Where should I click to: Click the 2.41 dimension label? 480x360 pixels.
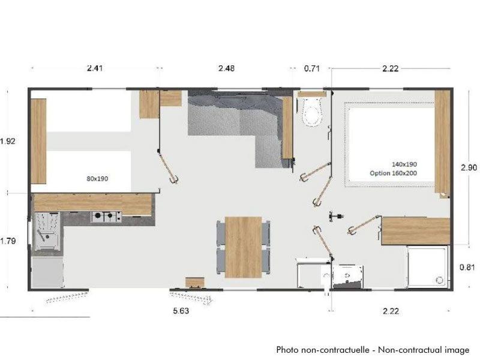tap(95, 68)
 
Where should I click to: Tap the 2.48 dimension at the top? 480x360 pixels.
tap(227, 68)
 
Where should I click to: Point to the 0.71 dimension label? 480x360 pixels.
tap(311, 68)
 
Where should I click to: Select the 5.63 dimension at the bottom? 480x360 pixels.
tap(181, 311)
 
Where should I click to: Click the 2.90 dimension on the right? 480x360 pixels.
tap(469, 167)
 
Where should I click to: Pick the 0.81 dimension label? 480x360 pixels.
tap(467, 267)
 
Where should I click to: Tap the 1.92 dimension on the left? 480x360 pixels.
tap(8, 141)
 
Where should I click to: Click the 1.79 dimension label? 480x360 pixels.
tap(8, 241)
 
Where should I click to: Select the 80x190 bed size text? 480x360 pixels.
tap(97, 179)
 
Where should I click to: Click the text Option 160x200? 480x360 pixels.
tap(394, 173)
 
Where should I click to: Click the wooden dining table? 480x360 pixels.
tap(244, 247)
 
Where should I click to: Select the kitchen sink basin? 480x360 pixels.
tap(47, 232)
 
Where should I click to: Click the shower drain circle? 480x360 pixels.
tap(439, 280)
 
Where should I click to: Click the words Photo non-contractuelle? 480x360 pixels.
tap(323, 350)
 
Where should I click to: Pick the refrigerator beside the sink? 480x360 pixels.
tap(47, 272)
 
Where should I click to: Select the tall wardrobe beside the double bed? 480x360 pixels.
tap(442, 142)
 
